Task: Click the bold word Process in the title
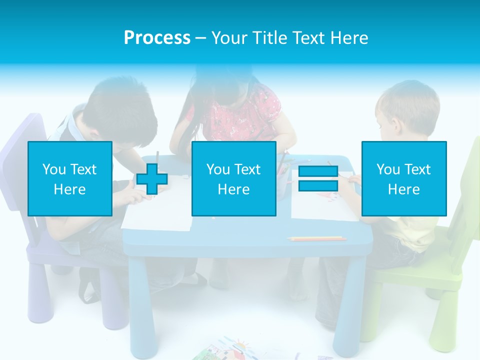click(x=157, y=38)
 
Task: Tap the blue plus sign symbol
click(x=152, y=179)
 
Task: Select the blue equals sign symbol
click(x=318, y=178)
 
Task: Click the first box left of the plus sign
click(x=70, y=178)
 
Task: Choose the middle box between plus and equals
click(x=234, y=178)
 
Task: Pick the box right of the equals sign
click(x=404, y=178)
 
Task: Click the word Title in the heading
click(x=269, y=38)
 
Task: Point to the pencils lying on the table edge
click(x=317, y=238)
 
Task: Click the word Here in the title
click(x=349, y=38)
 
